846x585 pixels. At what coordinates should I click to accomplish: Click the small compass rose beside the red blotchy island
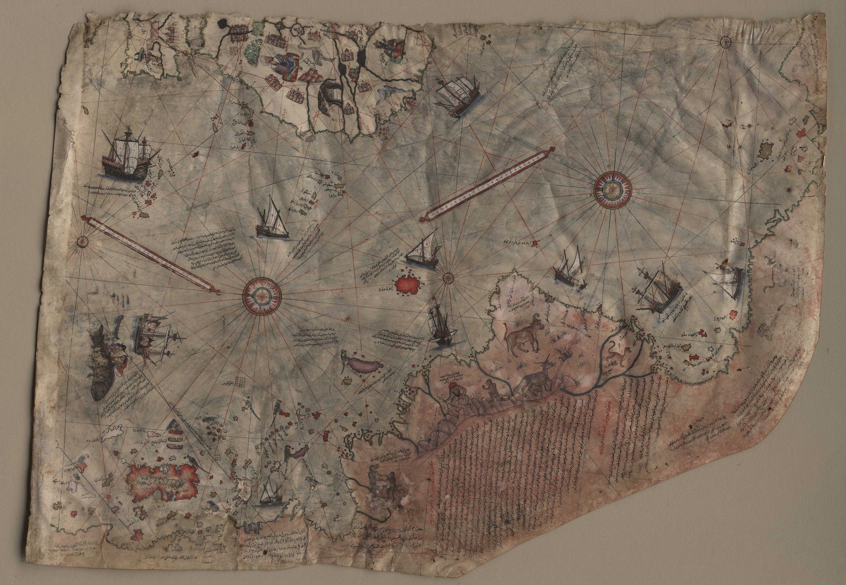pos(448,277)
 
